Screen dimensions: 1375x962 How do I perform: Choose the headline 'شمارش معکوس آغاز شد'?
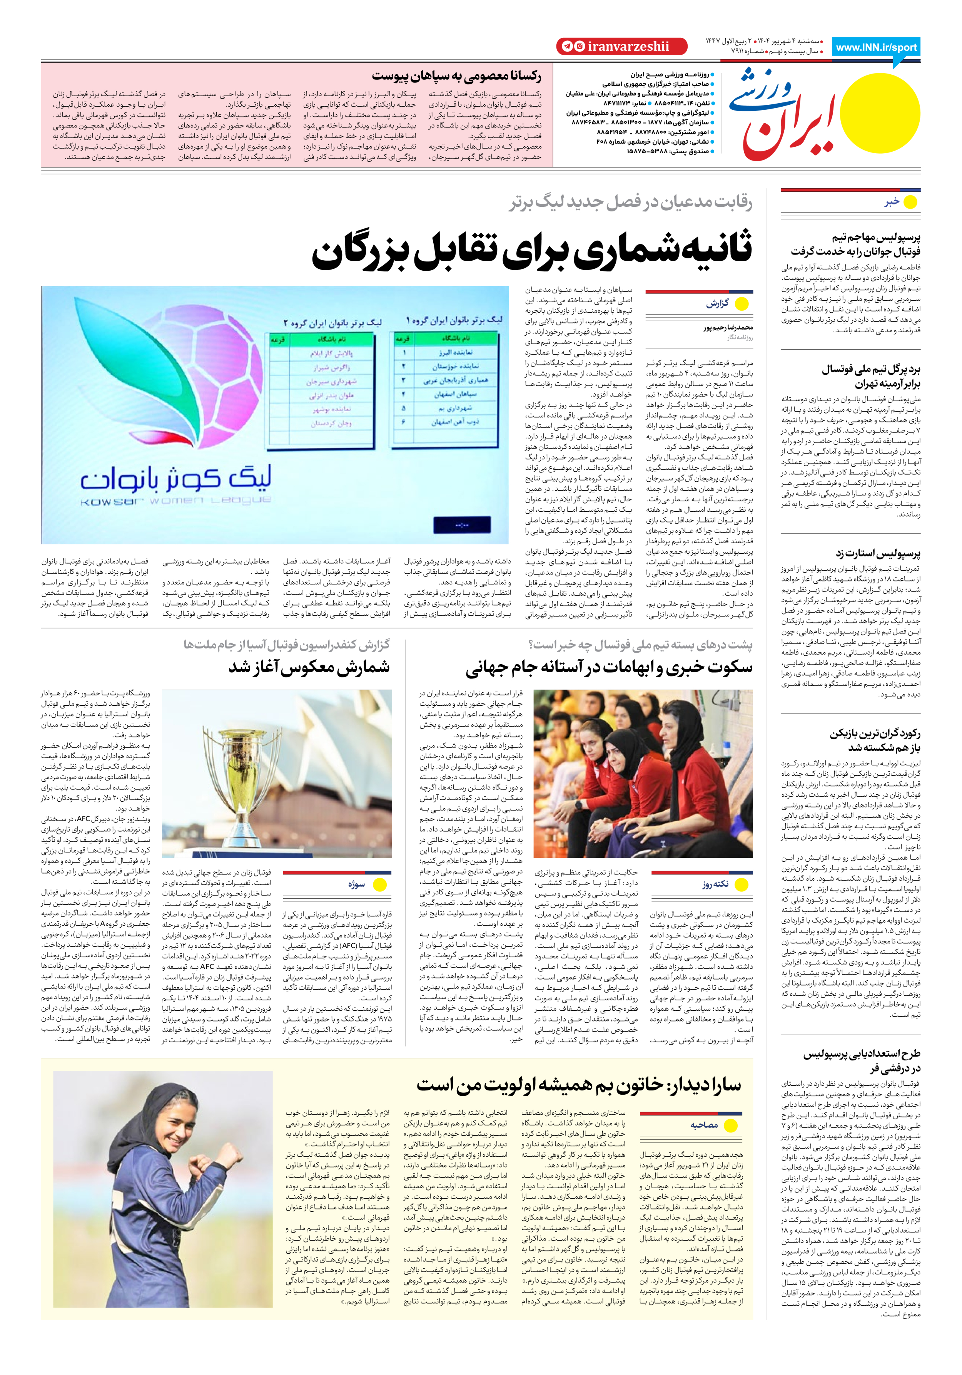click(309, 668)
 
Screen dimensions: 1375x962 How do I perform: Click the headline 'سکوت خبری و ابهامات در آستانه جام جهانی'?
click(609, 668)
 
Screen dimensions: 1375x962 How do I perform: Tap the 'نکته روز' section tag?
click(715, 884)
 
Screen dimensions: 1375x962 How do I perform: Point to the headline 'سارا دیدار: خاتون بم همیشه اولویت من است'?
click(578, 1085)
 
